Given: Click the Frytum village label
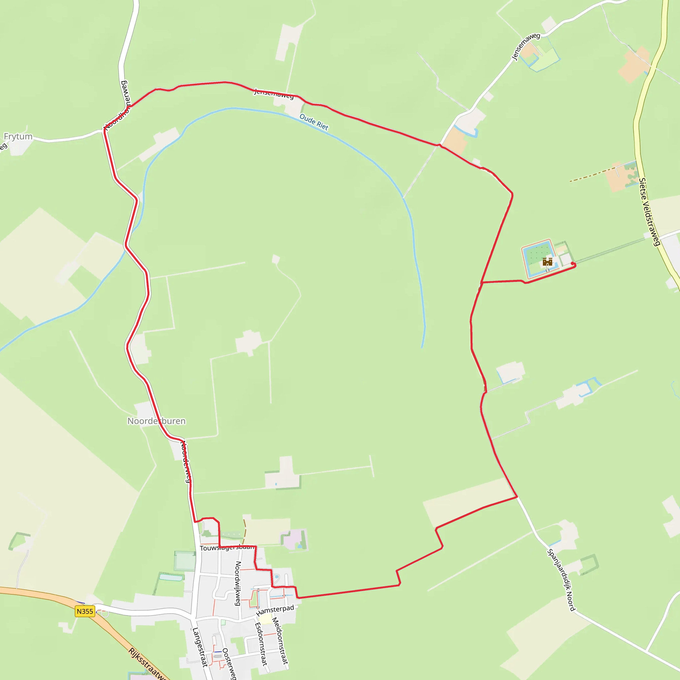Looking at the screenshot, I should click(x=18, y=136).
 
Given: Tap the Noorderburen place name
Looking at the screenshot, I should click(x=156, y=421).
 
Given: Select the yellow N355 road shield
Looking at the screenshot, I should click(x=85, y=611).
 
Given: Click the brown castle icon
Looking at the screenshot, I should click(x=547, y=262).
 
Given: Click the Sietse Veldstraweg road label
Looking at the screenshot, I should click(x=649, y=212).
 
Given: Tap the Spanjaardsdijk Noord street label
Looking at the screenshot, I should click(x=561, y=580).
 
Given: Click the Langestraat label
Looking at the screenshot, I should click(x=200, y=647).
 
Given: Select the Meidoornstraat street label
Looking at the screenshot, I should click(x=280, y=640).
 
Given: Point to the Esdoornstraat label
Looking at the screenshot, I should click(x=261, y=644).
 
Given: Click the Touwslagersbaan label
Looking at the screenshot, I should click(x=227, y=548).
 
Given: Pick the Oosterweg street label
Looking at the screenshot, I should click(x=229, y=663).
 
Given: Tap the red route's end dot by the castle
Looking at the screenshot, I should click(x=573, y=264).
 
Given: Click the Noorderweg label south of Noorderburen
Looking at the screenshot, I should click(x=186, y=462).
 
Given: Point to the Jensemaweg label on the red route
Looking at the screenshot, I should click(x=274, y=94).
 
